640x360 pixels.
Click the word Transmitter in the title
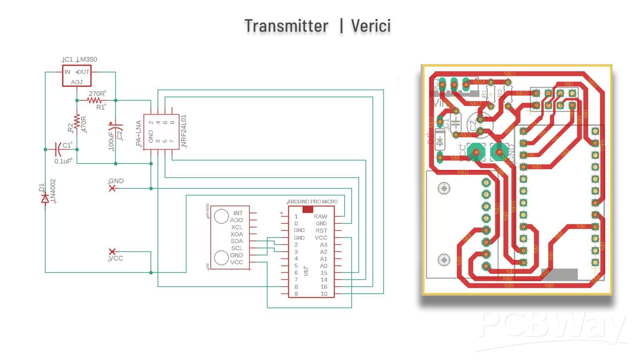click(286, 26)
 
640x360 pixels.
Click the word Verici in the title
click(371, 26)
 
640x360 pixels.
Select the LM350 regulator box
click(77, 75)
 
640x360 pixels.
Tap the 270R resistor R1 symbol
click(95, 100)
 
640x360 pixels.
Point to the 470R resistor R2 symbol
click(77, 122)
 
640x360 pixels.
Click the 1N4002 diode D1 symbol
click(45, 199)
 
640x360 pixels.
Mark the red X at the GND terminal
click(112, 188)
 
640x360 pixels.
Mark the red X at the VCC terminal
click(112, 251)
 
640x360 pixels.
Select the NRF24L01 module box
click(161, 132)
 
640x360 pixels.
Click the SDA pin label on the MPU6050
click(237, 241)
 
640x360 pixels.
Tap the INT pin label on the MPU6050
click(238, 213)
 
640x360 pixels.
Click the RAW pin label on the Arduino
click(320, 216)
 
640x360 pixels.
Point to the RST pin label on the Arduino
click(321, 230)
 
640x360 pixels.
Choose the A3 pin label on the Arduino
click(323, 245)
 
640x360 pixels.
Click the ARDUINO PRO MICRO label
click(312, 202)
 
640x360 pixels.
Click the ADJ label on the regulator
click(77, 82)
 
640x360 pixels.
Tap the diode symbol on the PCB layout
click(440, 142)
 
